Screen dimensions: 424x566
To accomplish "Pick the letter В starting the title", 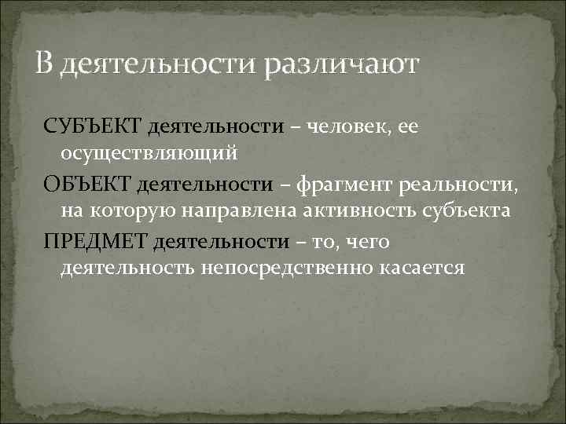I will [x=45, y=63].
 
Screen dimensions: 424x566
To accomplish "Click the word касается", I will [x=427, y=269].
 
